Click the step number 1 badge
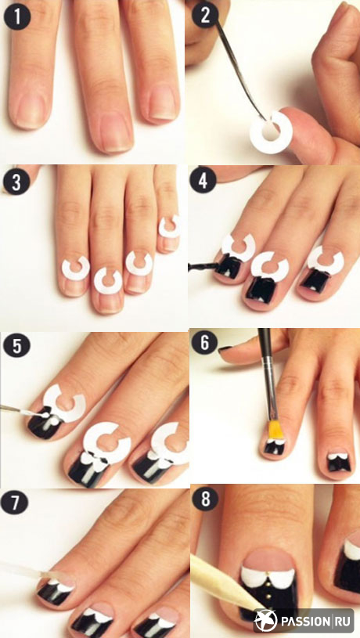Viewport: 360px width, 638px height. pos(16,16)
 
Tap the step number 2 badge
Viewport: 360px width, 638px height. pos(204,15)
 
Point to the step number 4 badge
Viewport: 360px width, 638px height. pos(202,182)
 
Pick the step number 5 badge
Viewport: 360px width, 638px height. pos(15,346)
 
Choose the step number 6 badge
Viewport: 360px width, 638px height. pos(204,343)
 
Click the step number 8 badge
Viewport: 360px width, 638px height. pos(204,499)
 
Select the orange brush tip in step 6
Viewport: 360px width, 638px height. pos(275,430)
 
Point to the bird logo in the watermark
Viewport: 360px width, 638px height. pos(265,622)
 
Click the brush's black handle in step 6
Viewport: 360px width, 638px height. pos(268,375)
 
